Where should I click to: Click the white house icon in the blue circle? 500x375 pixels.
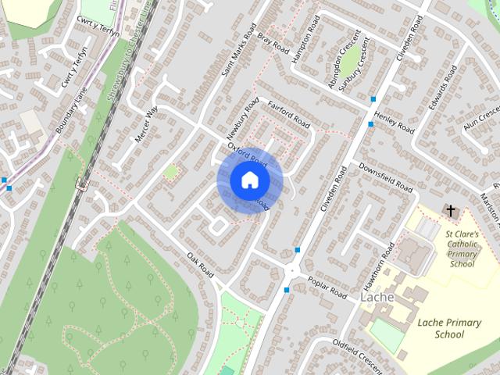coord(249,180)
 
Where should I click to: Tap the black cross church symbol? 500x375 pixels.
coord(450,210)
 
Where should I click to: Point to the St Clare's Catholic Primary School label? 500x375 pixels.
coord(461,248)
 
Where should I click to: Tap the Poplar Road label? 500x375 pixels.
coord(327,287)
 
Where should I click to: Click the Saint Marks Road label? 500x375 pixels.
coord(239,54)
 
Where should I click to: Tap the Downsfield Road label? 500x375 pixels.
coord(385,177)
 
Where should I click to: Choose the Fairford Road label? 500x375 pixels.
coord(288,114)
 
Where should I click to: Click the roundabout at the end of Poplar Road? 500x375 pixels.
coord(293,271)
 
